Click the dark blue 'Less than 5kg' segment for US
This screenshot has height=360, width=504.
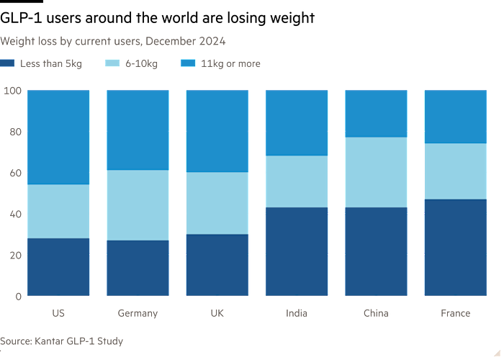tap(58, 266)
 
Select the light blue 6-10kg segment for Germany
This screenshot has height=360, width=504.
tap(138, 205)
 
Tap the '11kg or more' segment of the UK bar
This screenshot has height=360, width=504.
tap(217, 131)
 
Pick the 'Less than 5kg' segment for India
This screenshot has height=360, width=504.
tap(297, 251)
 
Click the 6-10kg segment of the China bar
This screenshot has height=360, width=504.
tap(376, 172)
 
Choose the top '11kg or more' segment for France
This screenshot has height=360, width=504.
tap(455, 117)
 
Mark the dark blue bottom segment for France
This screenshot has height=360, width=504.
tap(455, 247)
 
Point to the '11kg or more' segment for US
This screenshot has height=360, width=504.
tap(58, 137)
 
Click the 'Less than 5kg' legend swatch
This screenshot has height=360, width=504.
tap(8, 64)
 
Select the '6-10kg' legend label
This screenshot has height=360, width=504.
tap(140, 64)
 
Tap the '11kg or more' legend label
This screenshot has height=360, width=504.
tap(230, 64)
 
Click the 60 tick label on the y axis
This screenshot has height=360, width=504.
tap(14, 173)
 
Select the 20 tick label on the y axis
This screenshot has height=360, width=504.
tap(14, 255)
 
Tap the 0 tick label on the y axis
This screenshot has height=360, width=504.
tap(17, 296)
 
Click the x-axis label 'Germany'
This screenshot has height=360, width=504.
tap(138, 313)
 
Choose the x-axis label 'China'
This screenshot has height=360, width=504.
tap(376, 313)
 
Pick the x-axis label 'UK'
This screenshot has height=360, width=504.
tap(217, 313)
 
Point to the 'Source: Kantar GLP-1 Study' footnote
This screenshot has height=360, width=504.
tap(62, 341)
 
